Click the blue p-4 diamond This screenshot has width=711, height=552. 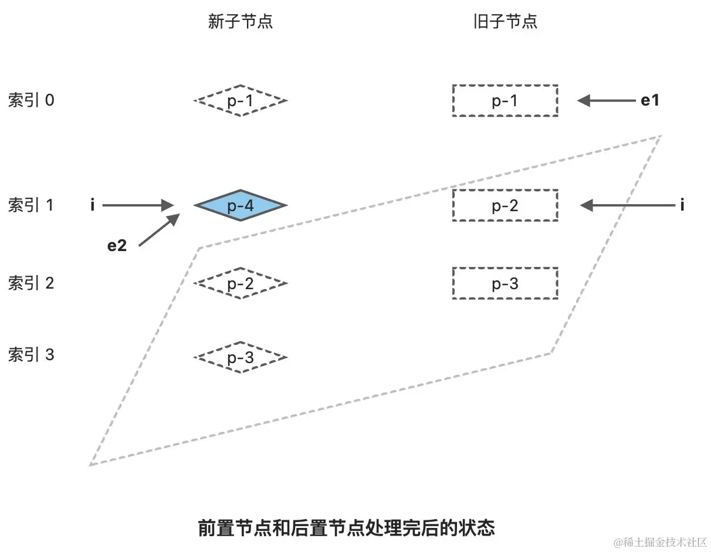[x=240, y=205]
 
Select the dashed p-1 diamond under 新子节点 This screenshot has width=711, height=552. [x=240, y=101]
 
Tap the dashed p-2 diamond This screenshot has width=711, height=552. [x=240, y=284]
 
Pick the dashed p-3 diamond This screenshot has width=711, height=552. [x=240, y=357]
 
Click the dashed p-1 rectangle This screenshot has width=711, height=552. [x=505, y=101]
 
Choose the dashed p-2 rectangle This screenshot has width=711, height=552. [x=505, y=205]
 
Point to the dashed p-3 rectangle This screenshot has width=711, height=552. [x=505, y=284]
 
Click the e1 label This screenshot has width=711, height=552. [x=649, y=101]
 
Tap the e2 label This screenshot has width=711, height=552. [x=117, y=246]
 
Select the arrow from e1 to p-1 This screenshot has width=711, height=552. [x=607, y=101]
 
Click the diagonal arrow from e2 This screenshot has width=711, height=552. [x=158, y=231]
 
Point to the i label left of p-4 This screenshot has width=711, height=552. [x=93, y=205]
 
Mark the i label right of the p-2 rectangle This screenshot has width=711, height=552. [x=682, y=205]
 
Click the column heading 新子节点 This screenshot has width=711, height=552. [x=240, y=22]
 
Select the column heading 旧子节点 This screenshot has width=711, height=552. [x=505, y=22]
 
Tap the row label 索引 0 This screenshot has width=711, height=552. [x=31, y=101]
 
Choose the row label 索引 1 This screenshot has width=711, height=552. [x=31, y=205]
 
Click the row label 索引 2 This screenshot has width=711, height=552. [x=31, y=284]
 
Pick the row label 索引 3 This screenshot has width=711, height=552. [x=31, y=355]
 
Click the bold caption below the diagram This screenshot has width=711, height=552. [x=347, y=528]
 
